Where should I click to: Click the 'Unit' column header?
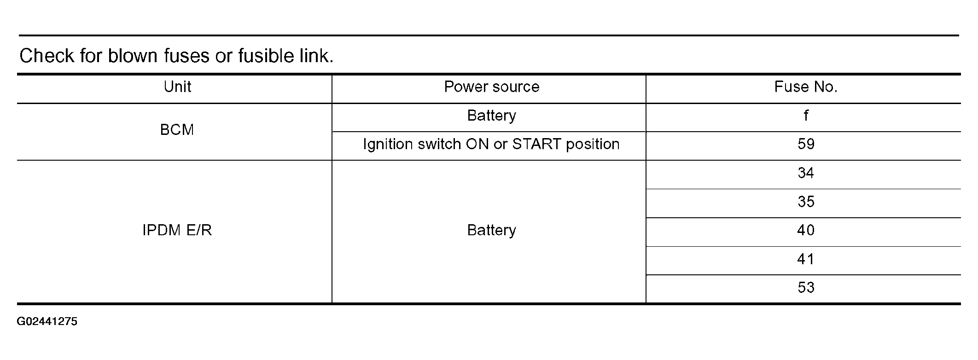(x=177, y=87)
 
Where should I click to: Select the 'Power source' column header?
(x=491, y=87)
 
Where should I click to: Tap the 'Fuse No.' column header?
(x=806, y=87)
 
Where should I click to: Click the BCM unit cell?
(x=177, y=130)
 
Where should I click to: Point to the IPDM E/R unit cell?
(x=177, y=230)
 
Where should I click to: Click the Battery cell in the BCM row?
(x=491, y=115)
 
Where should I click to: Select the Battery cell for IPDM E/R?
(x=491, y=230)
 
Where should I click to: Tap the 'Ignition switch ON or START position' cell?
(x=491, y=144)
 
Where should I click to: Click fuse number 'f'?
(x=806, y=115)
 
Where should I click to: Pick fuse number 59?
(x=806, y=144)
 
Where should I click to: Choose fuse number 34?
(x=806, y=173)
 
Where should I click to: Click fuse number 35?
(x=806, y=202)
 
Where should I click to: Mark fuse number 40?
(x=806, y=230)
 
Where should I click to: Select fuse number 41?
(x=806, y=259)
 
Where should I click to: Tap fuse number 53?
(x=806, y=288)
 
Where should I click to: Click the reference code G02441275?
(x=47, y=321)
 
